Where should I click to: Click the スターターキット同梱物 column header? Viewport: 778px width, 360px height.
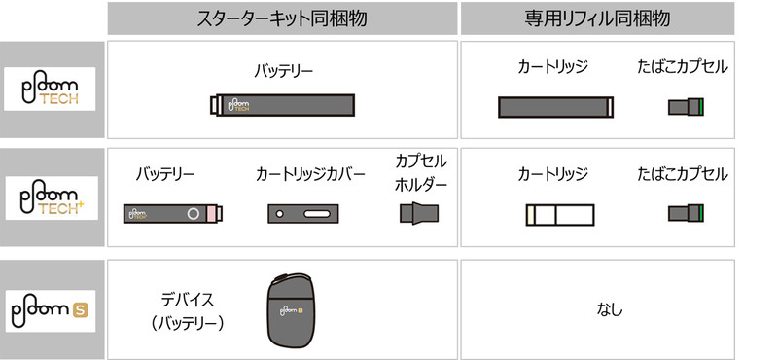click(x=282, y=18)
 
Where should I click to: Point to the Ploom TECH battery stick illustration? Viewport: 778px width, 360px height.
click(x=283, y=104)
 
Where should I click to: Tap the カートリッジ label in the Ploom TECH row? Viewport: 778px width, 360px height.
click(x=553, y=68)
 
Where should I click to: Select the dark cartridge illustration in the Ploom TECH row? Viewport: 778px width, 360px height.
click(x=554, y=106)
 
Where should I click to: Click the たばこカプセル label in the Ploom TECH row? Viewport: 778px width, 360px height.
click(x=683, y=68)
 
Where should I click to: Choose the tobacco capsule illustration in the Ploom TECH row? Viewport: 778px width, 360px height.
click(x=685, y=107)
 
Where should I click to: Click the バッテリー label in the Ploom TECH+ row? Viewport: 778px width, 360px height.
click(x=165, y=175)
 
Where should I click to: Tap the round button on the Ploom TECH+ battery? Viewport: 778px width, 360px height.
click(x=194, y=213)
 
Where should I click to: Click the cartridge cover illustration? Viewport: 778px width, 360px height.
click(x=302, y=213)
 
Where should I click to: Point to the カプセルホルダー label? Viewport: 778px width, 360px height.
click(x=421, y=172)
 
